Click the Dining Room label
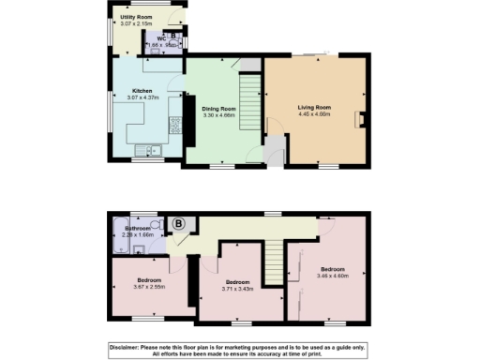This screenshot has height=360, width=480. coord(218,109)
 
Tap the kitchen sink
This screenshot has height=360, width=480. coord(150,152)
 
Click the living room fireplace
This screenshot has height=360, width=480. coord(362,119)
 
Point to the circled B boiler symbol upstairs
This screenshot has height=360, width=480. coord(177,224)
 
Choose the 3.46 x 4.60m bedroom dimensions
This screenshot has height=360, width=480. coord(333,276)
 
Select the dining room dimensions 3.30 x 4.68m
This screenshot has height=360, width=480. coord(218,115)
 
